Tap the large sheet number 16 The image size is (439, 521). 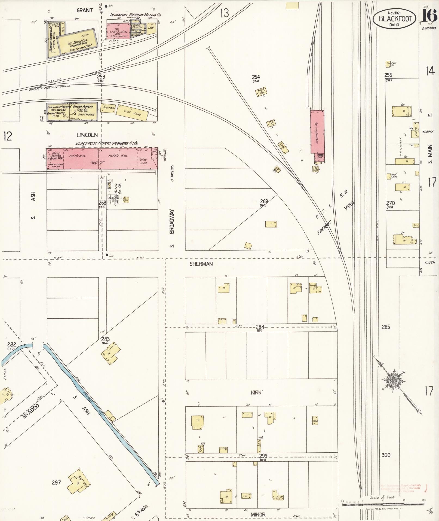pos(429,16)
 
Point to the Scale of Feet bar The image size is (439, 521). pos(382,504)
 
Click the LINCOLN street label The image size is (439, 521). pos(87,135)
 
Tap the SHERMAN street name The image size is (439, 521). pos(201,264)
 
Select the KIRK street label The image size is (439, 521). pos(256,392)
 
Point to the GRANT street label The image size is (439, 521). pos(84,10)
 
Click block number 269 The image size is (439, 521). pos(264,201)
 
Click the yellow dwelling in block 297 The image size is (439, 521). pos(78,483)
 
